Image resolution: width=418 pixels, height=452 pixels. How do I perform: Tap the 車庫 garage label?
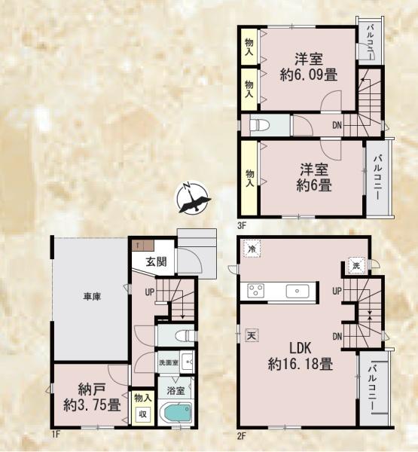click(92, 297)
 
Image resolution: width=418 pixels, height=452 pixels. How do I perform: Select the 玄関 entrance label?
click(156, 261)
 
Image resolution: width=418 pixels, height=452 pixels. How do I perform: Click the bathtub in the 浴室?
click(176, 413)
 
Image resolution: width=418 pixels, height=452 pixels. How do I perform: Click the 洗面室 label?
click(169, 363)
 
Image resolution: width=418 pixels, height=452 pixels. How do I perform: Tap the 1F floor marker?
click(56, 434)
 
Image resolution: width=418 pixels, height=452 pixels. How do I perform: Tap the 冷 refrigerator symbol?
click(252, 249)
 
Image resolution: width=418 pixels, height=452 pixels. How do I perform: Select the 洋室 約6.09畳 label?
click(309, 66)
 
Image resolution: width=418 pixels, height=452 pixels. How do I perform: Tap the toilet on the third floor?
click(258, 125)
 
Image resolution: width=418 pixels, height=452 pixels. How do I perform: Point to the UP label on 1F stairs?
click(151, 291)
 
